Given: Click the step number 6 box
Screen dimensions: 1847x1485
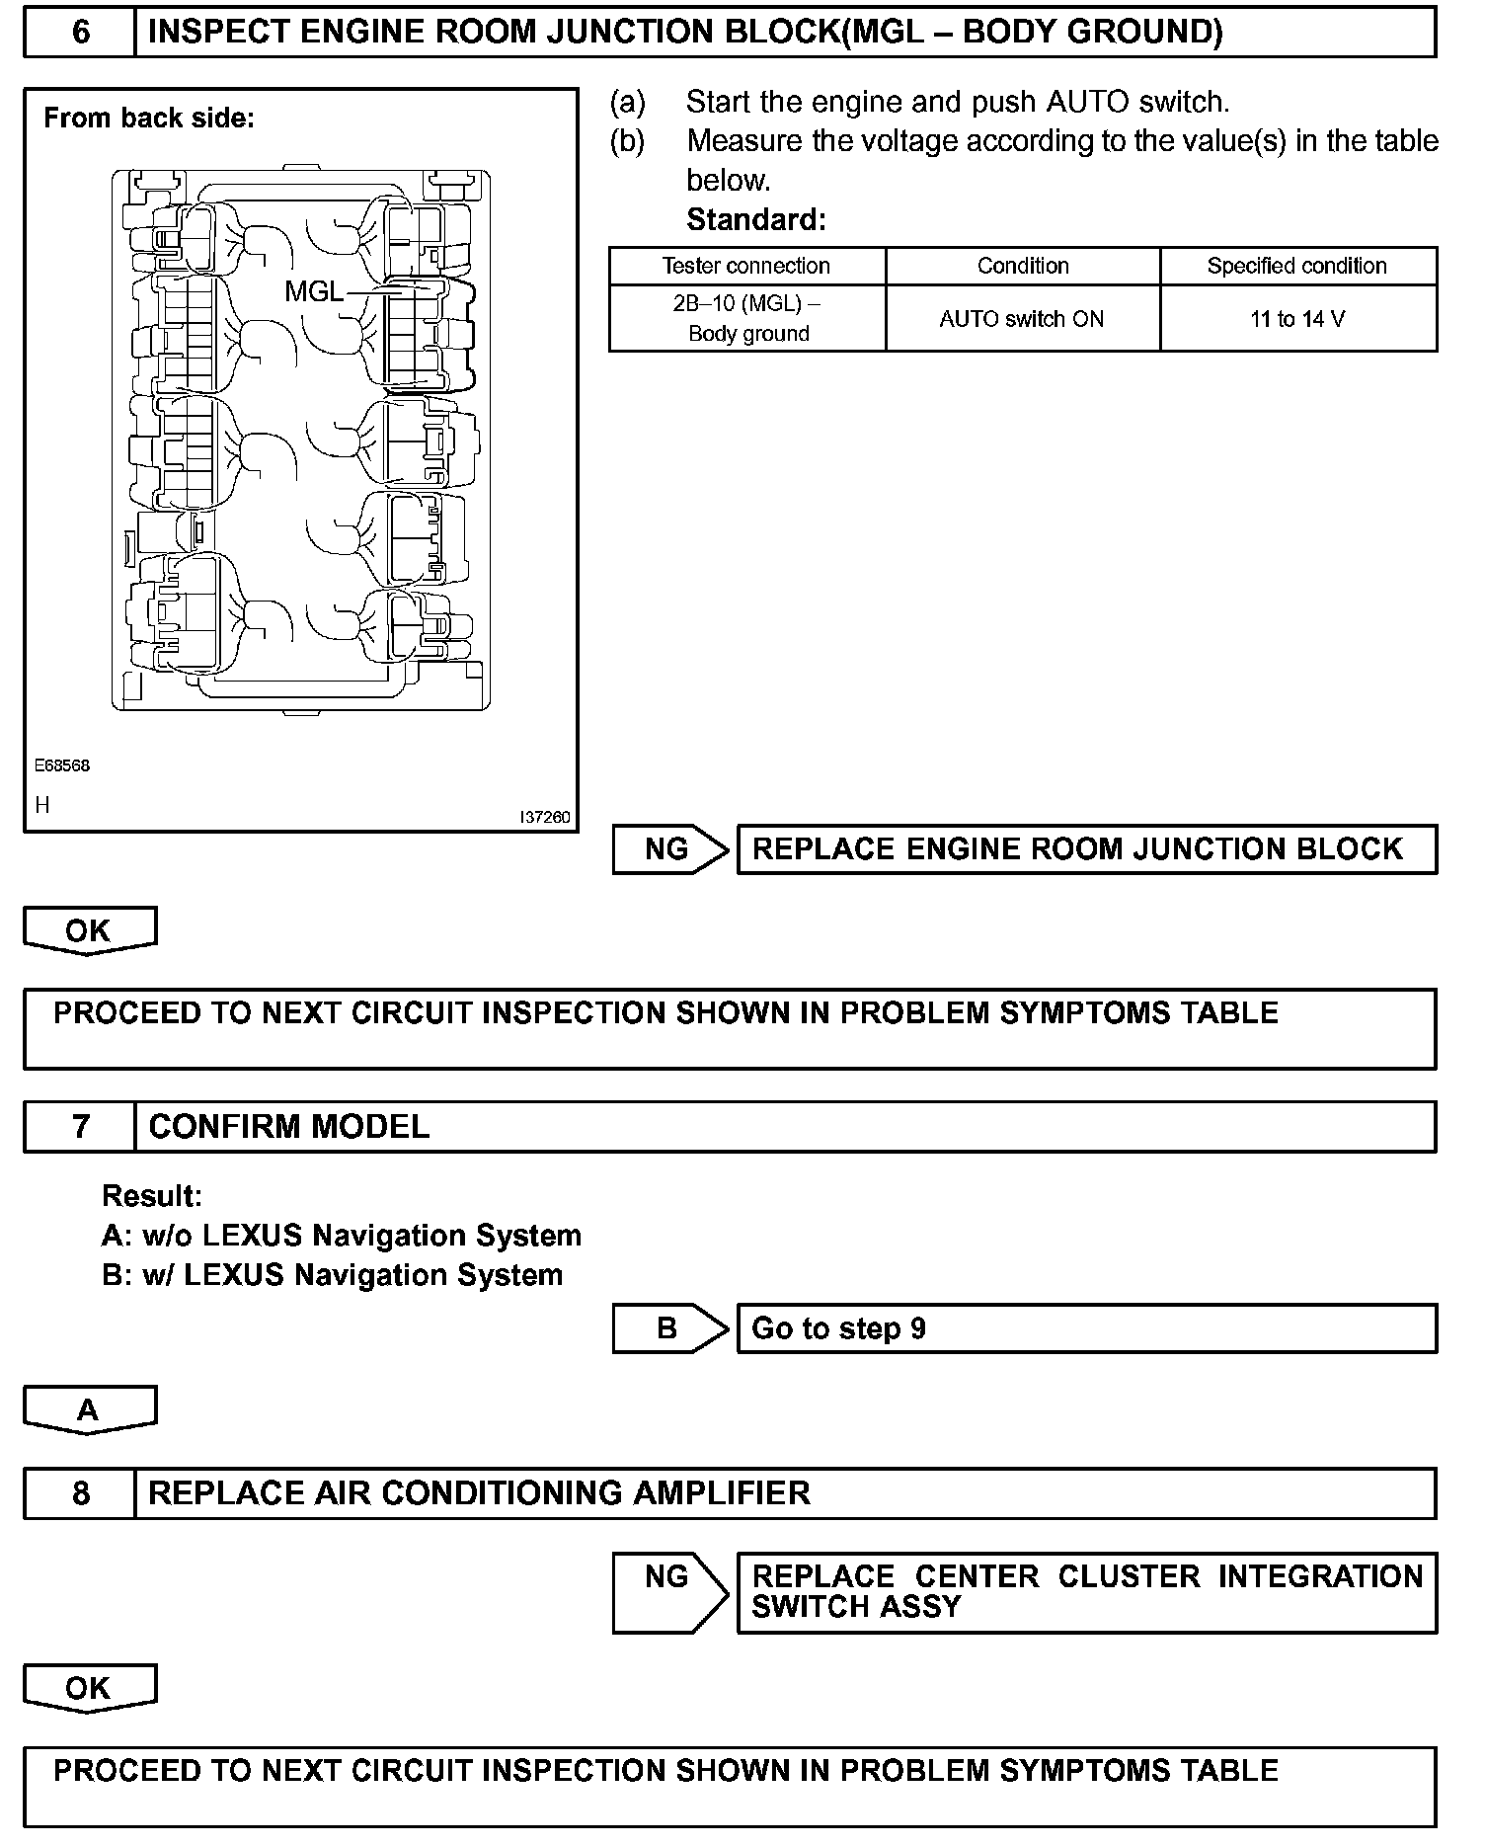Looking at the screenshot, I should (x=80, y=33).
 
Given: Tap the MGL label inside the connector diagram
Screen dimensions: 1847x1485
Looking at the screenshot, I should (x=314, y=291).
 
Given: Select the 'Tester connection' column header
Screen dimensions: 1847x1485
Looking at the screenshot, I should (x=746, y=266).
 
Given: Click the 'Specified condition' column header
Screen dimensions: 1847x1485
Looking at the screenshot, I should (x=1296, y=266).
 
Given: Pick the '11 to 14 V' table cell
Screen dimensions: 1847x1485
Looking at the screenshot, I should (x=1296, y=319).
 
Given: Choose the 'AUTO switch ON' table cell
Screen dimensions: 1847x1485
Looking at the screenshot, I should (x=1022, y=319).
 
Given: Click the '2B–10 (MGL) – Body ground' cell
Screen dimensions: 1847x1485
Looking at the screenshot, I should (x=747, y=318).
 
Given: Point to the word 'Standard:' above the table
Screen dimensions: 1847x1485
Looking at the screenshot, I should (x=755, y=219).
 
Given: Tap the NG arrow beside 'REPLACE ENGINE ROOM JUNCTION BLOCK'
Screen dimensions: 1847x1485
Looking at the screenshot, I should (x=669, y=849).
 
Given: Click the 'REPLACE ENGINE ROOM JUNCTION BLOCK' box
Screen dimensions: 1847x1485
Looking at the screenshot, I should (x=1085, y=849).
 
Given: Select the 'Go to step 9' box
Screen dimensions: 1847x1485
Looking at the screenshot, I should (x=1085, y=1328).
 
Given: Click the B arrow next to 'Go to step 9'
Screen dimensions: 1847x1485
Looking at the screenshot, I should (x=669, y=1328).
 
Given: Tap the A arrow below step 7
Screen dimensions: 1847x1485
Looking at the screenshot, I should (x=89, y=1410).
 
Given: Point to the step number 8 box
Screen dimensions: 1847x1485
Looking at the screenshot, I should (x=80, y=1492).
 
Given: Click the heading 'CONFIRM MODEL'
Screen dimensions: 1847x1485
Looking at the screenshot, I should (x=288, y=1127).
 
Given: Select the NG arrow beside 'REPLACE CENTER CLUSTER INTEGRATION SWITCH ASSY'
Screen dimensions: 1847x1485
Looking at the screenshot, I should (x=669, y=1592).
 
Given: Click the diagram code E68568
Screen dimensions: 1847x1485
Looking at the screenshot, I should (x=62, y=765).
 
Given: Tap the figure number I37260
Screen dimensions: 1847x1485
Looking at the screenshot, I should (x=544, y=818).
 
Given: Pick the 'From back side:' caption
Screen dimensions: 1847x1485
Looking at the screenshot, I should (x=149, y=119).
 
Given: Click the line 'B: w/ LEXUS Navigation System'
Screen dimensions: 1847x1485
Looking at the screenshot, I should (x=332, y=1275).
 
